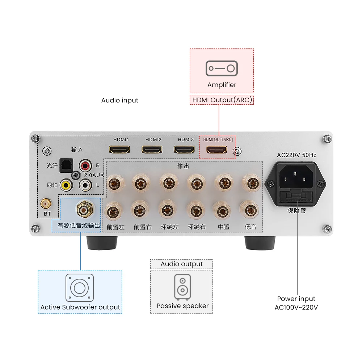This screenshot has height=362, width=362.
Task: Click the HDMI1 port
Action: pos(119,149)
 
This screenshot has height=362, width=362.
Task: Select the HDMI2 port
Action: pos(152,149)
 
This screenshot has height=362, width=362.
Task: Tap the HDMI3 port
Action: pos(184,149)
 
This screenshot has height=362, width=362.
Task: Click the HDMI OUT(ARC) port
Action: pos(216,149)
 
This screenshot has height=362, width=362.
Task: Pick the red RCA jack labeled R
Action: pos(86,166)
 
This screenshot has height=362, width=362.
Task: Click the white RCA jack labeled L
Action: pos(86,185)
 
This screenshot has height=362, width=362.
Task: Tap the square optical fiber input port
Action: pos(66,165)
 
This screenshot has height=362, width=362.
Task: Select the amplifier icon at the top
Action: pos(222,68)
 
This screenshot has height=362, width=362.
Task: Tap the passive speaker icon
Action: pos(182,287)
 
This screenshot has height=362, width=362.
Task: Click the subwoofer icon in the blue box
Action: pos(80,288)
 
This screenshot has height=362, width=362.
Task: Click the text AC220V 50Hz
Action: pos(297,155)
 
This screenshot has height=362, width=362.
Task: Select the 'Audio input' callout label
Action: pos(119,100)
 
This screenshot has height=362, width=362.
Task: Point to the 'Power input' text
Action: pos(296,299)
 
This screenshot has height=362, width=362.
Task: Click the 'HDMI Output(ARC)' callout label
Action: pos(222,100)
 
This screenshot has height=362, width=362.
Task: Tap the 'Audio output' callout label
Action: pos(181,264)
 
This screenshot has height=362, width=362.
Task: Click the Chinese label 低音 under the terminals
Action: pos(251,227)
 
